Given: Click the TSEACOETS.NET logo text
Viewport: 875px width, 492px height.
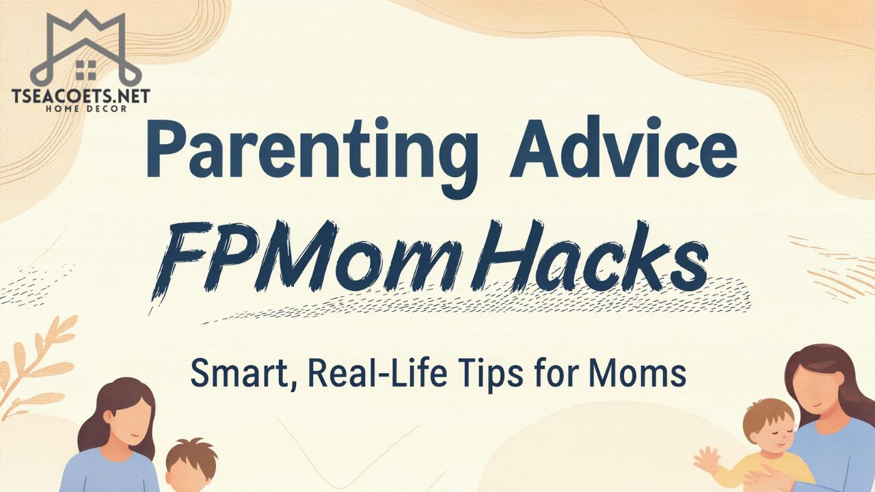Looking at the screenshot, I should click(x=81, y=96).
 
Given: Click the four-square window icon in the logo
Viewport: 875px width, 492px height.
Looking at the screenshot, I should click(x=85, y=69).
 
